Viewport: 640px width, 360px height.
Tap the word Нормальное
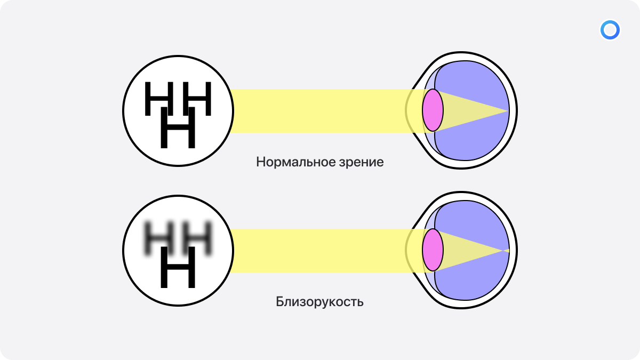[x=295, y=162]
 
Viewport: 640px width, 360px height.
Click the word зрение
[x=362, y=163]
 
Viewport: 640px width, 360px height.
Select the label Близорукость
[x=319, y=302]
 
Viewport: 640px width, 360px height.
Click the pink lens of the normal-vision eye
[x=433, y=110]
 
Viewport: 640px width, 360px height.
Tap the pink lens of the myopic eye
[x=433, y=250]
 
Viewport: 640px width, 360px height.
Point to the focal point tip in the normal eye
[x=508, y=110]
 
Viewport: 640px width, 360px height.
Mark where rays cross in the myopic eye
[x=503, y=251]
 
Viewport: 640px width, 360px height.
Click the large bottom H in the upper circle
[x=178, y=127]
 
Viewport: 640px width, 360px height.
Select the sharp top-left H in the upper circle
[x=159, y=99]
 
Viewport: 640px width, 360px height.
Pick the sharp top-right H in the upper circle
[x=197, y=99]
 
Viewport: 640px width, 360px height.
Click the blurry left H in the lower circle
[x=159, y=238]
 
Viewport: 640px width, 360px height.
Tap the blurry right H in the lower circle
[x=197, y=238]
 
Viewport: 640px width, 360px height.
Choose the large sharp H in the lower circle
[x=178, y=267]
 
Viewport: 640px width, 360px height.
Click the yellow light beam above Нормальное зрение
[x=320, y=111]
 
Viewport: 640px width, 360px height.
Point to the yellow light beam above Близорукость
[x=320, y=251]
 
